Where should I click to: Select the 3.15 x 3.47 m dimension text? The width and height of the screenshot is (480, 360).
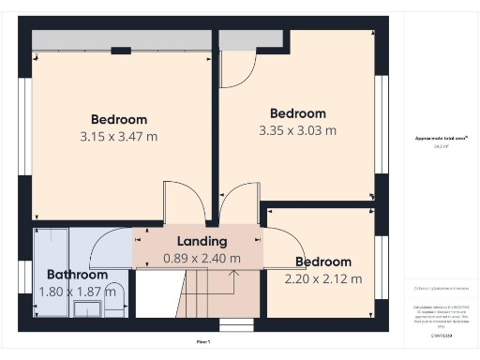tap(119, 137)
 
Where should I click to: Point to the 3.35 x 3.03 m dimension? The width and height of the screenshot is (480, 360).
tap(298, 131)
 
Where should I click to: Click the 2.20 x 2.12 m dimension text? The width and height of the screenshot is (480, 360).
tap(323, 278)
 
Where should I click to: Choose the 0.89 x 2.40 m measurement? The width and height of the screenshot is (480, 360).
tap(202, 258)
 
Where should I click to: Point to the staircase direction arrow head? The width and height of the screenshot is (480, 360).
tap(234, 272)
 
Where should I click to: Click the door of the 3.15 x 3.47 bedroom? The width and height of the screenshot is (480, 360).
tap(181, 201)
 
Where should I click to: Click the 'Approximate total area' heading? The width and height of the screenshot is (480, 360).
tap(442, 139)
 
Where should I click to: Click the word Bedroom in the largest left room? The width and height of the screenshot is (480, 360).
tap(119, 119)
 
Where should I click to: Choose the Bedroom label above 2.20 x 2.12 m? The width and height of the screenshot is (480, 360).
tap(323, 262)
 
